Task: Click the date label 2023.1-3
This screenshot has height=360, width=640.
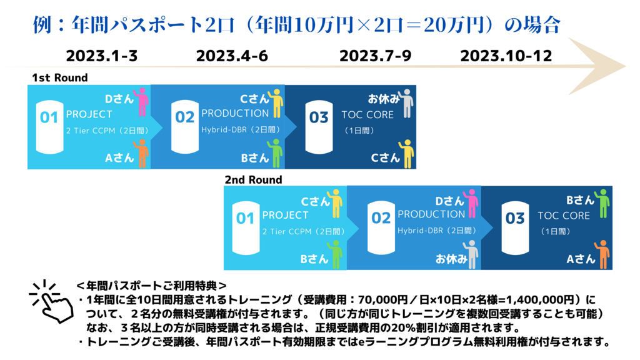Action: tap(102, 56)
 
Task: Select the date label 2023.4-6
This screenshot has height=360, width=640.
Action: tap(232, 56)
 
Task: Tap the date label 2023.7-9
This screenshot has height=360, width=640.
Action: tap(375, 56)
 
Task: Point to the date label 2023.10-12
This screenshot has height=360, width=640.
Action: tap(506, 56)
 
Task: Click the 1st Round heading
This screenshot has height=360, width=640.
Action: tap(60, 77)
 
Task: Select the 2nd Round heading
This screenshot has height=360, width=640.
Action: tap(254, 179)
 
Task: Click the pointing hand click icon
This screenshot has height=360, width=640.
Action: tap(51, 301)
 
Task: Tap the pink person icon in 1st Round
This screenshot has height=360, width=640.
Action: tap(142, 102)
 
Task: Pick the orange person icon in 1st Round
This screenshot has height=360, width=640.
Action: tap(142, 154)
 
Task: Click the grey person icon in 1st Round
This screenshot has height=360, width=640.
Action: tap(406, 104)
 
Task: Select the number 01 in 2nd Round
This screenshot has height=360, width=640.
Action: tap(245, 219)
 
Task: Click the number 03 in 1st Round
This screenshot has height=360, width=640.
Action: tap(319, 118)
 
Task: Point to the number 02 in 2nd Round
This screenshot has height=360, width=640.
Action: tap(381, 218)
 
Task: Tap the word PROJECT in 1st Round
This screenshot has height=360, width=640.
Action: tap(89, 114)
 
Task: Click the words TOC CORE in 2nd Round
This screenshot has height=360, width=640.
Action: tap(564, 216)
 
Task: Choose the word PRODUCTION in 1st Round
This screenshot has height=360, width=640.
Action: tap(235, 113)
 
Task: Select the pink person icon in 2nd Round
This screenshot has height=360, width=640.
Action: tap(471, 203)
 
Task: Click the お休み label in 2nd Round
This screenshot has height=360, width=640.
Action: tap(451, 259)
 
